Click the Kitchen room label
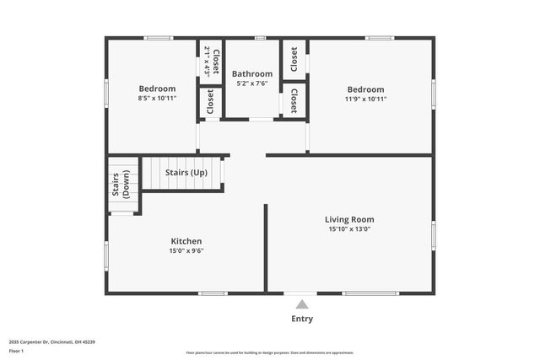tap(186, 241)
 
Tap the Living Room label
tap(349, 219)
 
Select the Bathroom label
tap(252, 74)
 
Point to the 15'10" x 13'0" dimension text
tap(349, 228)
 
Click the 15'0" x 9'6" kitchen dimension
tap(186, 250)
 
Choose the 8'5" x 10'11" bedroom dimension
tap(157, 98)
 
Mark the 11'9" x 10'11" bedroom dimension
tap(365, 99)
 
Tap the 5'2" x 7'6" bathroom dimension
tap(252, 83)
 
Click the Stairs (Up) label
tap(186, 173)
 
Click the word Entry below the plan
tap(302, 319)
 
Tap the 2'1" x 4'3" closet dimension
tap(207, 61)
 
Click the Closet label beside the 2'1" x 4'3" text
tap(216, 61)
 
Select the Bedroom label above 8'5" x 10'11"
tap(157, 89)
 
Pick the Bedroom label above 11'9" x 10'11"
tap(365, 89)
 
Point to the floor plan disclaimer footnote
tap(269, 352)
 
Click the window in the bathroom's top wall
tap(260, 38)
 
